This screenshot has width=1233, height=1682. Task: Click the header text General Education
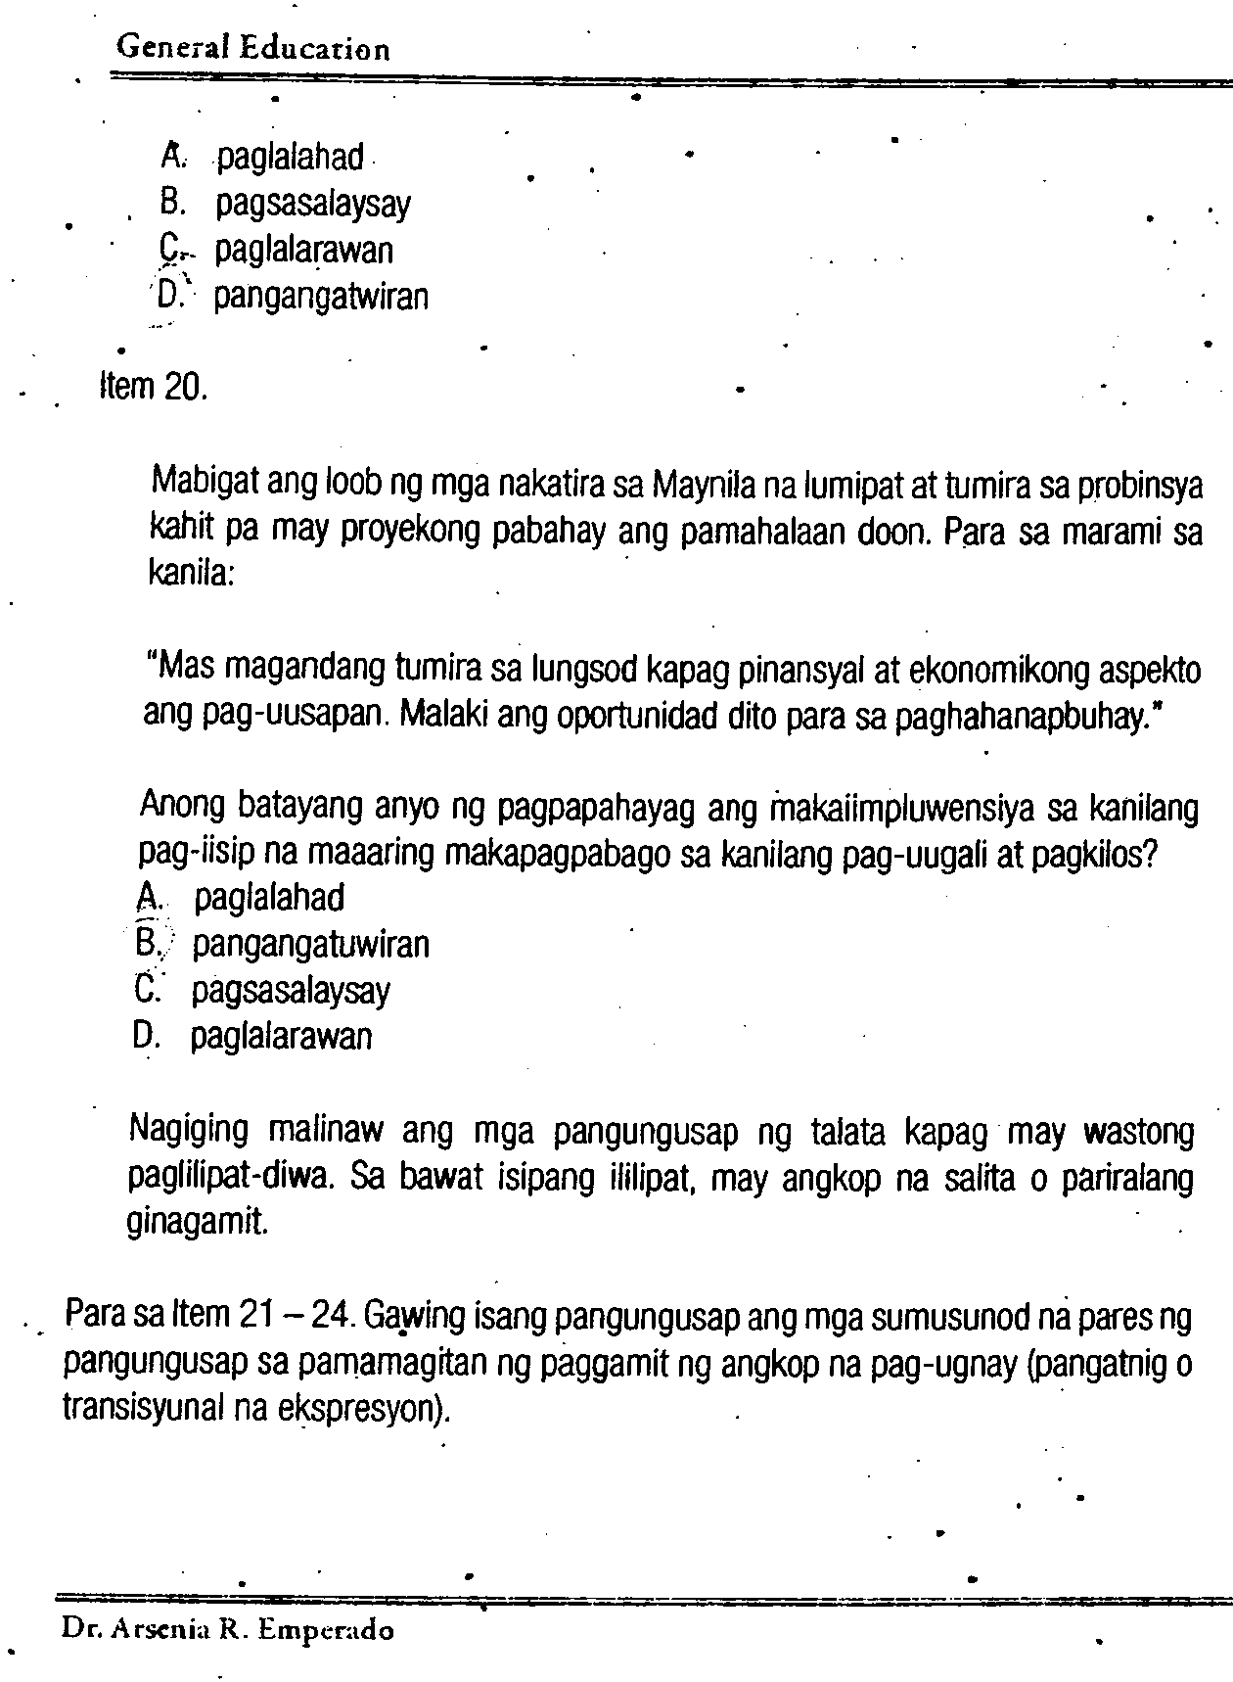tap(252, 48)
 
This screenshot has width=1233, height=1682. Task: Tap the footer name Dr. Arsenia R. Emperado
tap(227, 1630)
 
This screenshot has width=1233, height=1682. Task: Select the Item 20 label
tap(154, 387)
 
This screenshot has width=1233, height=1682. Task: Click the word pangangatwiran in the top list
tap(321, 296)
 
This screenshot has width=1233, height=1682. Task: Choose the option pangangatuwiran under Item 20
tap(310, 945)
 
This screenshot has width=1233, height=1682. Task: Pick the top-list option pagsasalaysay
tap(313, 204)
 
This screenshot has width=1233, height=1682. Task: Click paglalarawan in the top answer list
tap(304, 250)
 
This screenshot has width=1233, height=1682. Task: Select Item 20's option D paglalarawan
tap(281, 1036)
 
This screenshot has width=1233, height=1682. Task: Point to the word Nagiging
tap(189, 1132)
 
